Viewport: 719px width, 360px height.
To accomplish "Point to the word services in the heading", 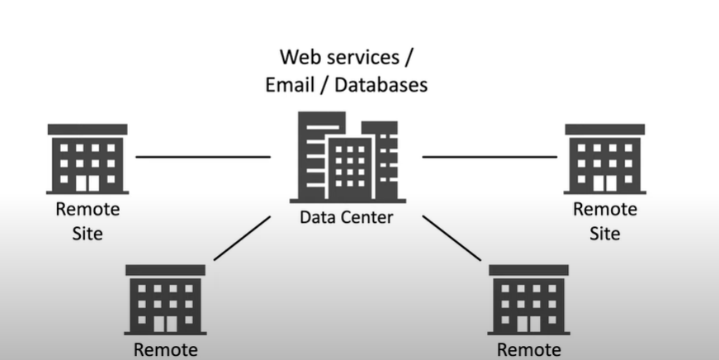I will click(x=364, y=57).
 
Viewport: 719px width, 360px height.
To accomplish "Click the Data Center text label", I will click(x=346, y=218).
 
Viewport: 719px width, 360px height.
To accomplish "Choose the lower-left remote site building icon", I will click(x=165, y=300).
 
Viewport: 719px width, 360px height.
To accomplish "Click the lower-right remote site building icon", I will click(x=528, y=300).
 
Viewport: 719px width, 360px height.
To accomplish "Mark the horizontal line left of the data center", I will click(x=203, y=156).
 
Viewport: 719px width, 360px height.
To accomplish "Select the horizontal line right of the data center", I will click(x=490, y=156).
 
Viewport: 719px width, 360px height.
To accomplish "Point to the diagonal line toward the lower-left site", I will click(x=242, y=238).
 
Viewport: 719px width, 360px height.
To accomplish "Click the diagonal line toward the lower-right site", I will click(x=452, y=238).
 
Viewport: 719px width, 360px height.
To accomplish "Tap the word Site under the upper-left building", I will click(x=88, y=234).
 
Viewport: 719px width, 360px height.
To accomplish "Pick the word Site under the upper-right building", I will click(x=605, y=234).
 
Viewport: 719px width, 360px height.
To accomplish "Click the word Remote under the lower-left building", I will click(x=166, y=350).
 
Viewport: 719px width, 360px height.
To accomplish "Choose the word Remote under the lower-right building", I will click(x=528, y=350).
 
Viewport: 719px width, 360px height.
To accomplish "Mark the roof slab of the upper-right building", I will click(x=605, y=130).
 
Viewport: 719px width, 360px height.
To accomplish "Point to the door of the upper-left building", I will click(x=88, y=182).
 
